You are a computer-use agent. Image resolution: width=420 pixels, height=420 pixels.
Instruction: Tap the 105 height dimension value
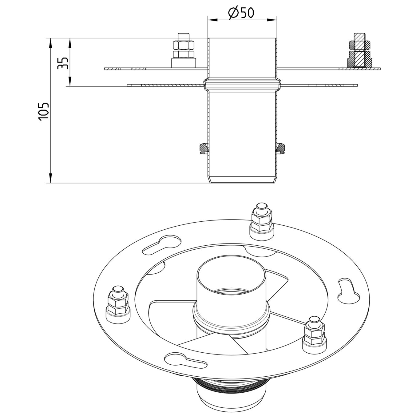tap(43, 110)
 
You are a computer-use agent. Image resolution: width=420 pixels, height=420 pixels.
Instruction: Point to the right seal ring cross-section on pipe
tap(281, 148)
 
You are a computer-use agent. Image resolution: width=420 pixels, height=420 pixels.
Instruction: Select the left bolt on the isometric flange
tap(117, 304)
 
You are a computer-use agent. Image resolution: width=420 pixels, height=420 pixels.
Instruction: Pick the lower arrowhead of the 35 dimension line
tap(70, 81)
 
